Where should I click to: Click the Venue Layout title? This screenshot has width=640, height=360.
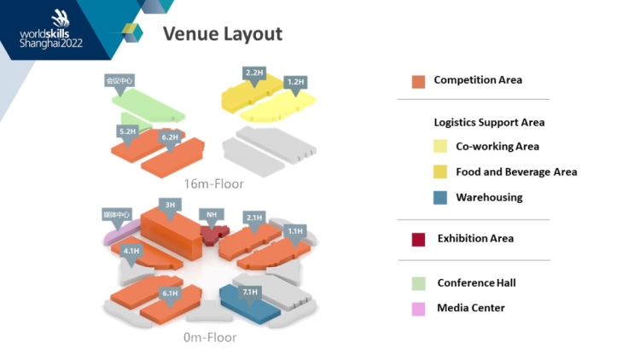[x=222, y=34]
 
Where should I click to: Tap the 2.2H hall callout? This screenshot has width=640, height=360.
[x=254, y=73]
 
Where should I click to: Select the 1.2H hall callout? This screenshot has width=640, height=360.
[x=295, y=82]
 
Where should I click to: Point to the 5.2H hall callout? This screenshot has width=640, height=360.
[x=127, y=131]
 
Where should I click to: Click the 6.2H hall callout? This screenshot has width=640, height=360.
[x=169, y=136]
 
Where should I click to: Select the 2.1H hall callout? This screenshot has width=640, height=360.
[x=253, y=218]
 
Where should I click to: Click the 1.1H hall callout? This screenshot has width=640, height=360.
[x=295, y=230]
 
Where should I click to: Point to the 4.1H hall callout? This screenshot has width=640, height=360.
[x=131, y=251]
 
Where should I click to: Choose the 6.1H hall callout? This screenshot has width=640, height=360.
[x=169, y=293]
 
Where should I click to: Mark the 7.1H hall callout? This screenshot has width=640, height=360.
[x=249, y=293]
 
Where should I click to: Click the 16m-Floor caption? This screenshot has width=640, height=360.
[x=213, y=183]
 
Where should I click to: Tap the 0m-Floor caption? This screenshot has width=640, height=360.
[x=210, y=337]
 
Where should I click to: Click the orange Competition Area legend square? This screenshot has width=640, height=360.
[x=418, y=81]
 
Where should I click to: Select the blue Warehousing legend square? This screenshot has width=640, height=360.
[x=439, y=198]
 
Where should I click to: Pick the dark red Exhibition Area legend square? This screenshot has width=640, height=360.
[x=418, y=239]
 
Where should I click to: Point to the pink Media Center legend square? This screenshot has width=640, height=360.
[x=418, y=308]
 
